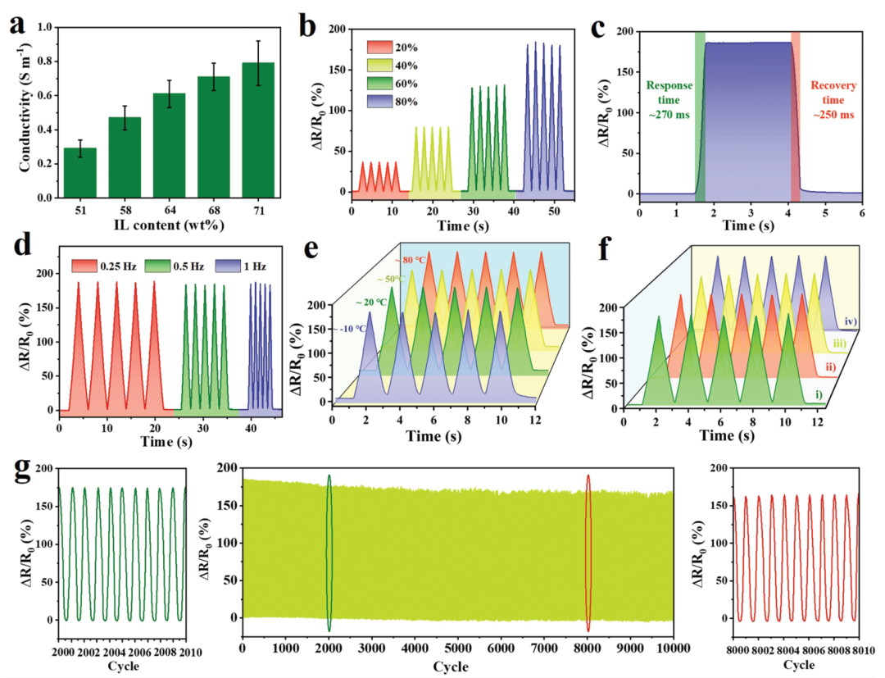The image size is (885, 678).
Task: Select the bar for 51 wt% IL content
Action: (80, 173)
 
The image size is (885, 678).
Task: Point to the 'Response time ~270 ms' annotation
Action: (669, 101)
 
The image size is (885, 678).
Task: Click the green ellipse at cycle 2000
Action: (329, 553)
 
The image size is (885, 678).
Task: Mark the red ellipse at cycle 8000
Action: (588, 553)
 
